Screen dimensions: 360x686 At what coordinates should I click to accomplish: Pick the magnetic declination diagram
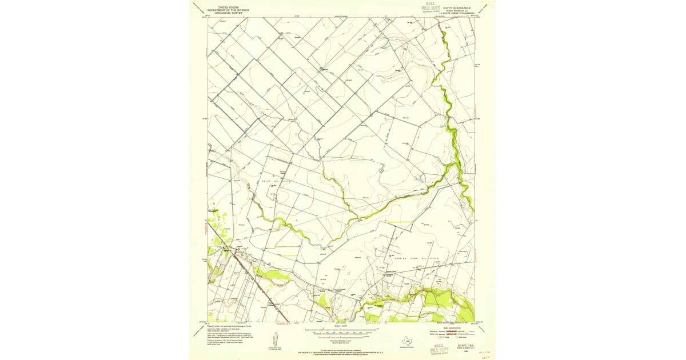pos(280,338)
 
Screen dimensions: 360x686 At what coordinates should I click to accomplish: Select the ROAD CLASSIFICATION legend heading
pos(449,326)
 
